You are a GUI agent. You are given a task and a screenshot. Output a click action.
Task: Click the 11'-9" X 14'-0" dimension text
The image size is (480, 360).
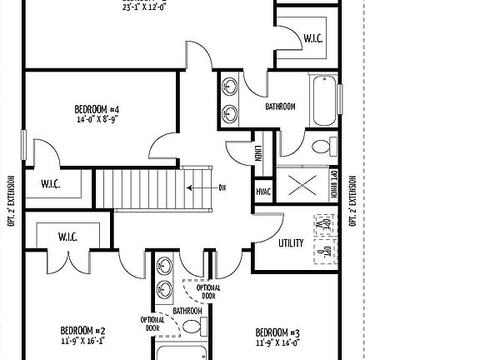pos(277,341)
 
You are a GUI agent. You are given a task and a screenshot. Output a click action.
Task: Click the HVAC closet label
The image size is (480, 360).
pos(262,191)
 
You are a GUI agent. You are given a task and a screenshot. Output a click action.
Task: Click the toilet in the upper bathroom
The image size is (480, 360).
pos(321,148)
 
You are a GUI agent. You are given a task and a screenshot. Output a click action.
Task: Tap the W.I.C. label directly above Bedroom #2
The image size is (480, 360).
pos(67,237)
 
